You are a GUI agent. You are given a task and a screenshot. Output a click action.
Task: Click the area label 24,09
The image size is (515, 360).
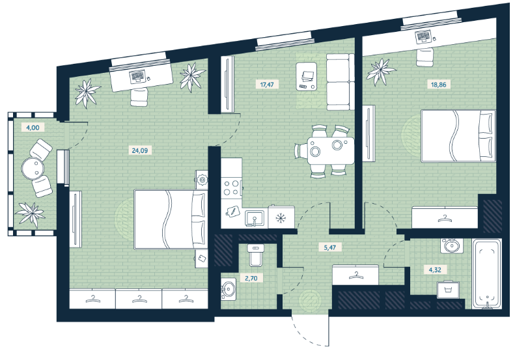(139, 151)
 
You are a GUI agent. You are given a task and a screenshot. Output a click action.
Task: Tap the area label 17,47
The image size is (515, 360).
(267, 85)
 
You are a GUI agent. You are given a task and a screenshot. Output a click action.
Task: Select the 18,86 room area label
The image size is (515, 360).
(438, 85)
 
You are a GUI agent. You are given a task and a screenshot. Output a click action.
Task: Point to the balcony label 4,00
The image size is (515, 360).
(33, 128)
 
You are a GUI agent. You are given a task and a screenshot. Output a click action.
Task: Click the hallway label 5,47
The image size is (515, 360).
(329, 247)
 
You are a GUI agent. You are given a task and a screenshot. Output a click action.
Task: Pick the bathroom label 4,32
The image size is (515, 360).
(435, 270)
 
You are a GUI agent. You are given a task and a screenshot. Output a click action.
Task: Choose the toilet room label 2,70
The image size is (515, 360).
(251, 279)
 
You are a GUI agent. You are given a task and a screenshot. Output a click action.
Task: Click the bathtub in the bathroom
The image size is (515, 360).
(487, 273)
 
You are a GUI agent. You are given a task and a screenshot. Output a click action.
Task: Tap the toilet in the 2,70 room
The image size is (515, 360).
(255, 255)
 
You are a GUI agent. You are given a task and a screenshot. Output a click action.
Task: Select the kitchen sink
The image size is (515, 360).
(254, 218)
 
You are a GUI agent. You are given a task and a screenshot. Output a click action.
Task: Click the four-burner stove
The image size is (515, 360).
(231, 188)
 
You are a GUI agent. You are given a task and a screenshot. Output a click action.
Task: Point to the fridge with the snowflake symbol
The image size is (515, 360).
(281, 217)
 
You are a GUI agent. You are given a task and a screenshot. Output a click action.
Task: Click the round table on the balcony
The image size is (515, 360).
(33, 168)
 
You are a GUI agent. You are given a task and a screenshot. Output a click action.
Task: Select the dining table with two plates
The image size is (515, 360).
(331, 151)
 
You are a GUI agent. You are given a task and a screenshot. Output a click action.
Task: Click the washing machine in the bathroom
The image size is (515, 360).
(449, 290)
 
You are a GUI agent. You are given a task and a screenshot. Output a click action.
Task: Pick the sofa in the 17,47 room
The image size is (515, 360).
(341, 82)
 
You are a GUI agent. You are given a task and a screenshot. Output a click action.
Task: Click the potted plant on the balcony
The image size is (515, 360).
(30, 214)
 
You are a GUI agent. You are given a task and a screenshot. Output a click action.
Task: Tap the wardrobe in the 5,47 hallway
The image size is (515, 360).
(355, 275)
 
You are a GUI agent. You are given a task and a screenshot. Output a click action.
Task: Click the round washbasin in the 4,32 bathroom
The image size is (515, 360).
(452, 245)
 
